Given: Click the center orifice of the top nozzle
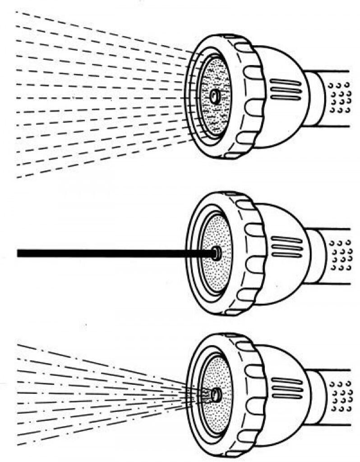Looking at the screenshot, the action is [214, 96].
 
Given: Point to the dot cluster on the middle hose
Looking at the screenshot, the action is [341, 255].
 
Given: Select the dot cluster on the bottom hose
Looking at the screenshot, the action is [341, 397].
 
